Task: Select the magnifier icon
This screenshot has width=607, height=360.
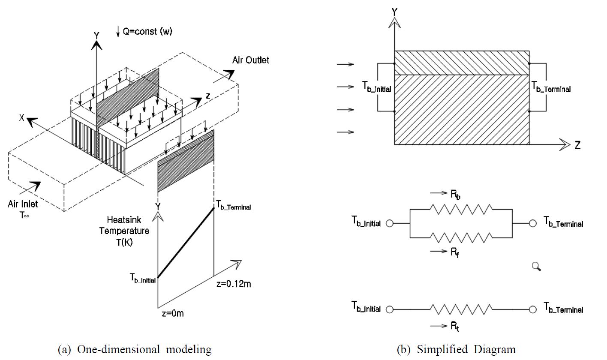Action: point(536,267)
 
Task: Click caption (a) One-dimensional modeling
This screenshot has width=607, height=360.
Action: point(135,350)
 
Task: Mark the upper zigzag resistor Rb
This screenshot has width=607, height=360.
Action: point(461,210)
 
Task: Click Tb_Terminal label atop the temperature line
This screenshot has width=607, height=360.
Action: point(234,207)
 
